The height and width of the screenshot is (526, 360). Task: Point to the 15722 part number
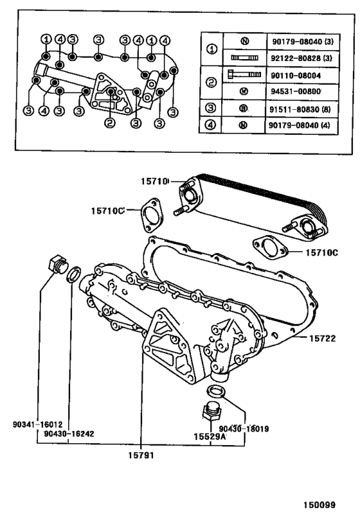coord(323,337)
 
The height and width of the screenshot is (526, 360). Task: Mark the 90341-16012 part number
coord(37,425)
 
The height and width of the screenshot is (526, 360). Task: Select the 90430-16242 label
coord(69,434)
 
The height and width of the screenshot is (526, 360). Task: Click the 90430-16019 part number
coord(244,428)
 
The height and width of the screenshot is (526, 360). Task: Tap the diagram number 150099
coord(320,505)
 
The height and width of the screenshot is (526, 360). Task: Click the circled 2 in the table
coord(210,83)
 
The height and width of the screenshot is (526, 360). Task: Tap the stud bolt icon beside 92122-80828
coord(244,58)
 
